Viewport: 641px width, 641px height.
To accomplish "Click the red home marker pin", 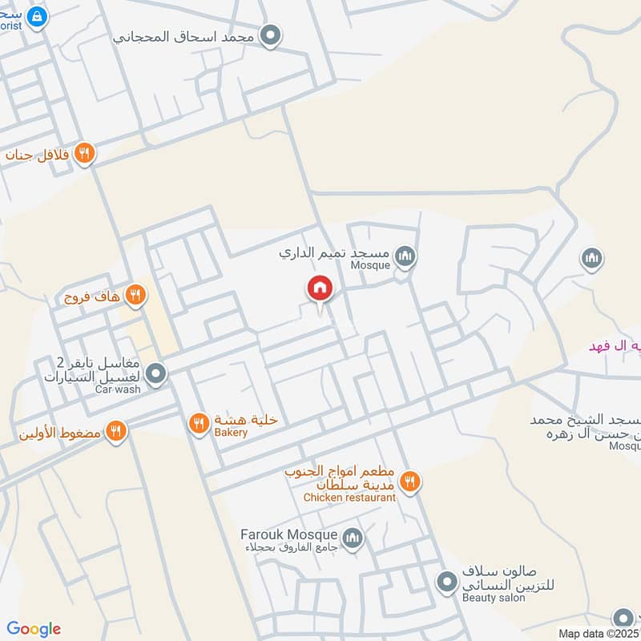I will coord(320,288).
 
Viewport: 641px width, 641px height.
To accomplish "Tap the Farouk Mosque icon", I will coord(352,538).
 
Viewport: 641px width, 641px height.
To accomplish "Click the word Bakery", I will coord(231,433).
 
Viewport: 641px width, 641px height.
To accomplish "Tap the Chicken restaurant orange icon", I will coord(410,481).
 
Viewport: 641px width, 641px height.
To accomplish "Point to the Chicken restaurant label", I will coord(349,498).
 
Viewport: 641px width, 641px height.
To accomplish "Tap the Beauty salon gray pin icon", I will coord(446,580).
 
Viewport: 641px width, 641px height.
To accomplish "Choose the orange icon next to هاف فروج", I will coord(135,296).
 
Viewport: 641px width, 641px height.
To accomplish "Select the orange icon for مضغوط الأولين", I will coord(117,432).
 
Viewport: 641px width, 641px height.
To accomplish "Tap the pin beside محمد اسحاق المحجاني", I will coord(271,36).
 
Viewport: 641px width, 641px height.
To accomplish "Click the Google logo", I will coord(34,629).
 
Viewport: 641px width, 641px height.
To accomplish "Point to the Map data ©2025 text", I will coord(599,633).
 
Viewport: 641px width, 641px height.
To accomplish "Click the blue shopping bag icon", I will coord(36,15).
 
